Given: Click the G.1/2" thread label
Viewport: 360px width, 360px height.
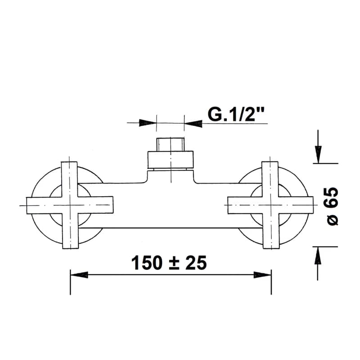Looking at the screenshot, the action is tap(236, 114).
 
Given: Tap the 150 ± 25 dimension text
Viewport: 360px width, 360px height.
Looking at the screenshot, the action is tap(169, 263).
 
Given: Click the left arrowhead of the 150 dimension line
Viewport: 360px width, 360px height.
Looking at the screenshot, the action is tap(79, 274).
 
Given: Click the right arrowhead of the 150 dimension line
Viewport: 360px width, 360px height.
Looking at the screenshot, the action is tap(262, 274).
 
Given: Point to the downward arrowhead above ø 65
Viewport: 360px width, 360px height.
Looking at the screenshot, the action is tap(318, 154).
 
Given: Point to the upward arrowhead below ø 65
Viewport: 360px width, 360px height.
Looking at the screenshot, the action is tap(318, 256).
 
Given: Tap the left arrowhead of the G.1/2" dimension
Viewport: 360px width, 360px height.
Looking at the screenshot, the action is tap(148, 123).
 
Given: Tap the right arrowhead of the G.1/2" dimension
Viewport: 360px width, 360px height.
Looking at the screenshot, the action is tap(193, 123).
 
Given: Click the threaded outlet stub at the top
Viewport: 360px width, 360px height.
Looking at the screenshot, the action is tap(171, 144).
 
